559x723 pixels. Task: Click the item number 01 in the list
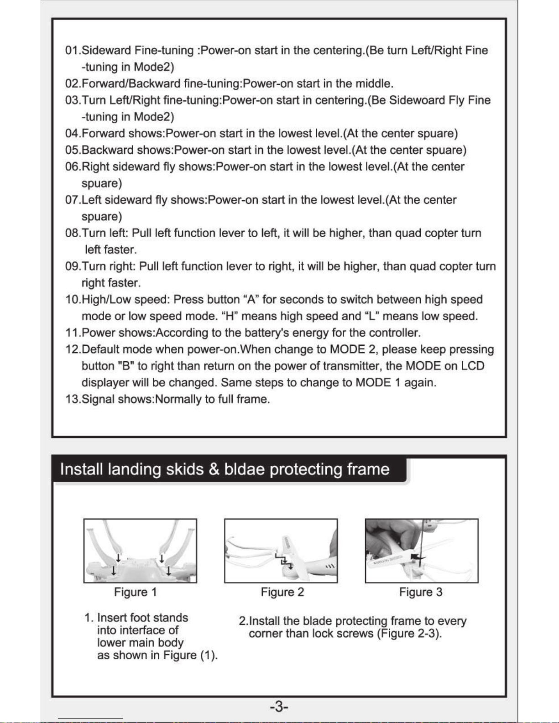pyautogui.click(x=72, y=51)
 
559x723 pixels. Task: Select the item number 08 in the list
pyautogui.click(x=72, y=233)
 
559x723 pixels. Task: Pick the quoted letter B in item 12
pyautogui.click(x=126, y=366)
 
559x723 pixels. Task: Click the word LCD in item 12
pyautogui.click(x=472, y=366)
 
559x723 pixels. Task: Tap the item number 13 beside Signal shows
pyautogui.click(x=72, y=399)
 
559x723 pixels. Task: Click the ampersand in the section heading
pyautogui.click(x=214, y=469)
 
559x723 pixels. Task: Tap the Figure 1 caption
pyautogui.click(x=136, y=592)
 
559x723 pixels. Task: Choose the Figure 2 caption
pyautogui.click(x=282, y=592)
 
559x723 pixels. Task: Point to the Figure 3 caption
pyautogui.click(x=421, y=592)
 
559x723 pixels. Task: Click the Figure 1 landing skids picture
pyautogui.click(x=140, y=551)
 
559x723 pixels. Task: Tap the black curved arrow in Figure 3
pyautogui.click(x=418, y=557)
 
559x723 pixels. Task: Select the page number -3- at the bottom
pyautogui.click(x=279, y=707)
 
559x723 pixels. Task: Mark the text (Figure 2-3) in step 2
pyautogui.click(x=410, y=634)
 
